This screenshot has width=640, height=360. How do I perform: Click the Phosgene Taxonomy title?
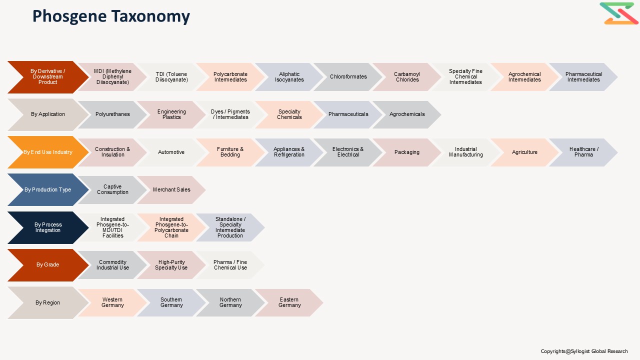tap(111, 16)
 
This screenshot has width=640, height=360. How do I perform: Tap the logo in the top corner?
tap(619, 13)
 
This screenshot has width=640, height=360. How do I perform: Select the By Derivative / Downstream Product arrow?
tap(48, 77)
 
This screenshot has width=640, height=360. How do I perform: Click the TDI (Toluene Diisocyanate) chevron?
tap(171, 77)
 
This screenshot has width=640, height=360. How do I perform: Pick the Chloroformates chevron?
tap(348, 77)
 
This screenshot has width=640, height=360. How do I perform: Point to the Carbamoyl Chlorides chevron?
tap(407, 77)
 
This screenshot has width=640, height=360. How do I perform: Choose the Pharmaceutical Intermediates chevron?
tap(583, 77)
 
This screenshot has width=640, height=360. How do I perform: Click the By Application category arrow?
tap(48, 114)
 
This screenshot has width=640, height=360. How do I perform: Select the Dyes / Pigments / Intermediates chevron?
tap(230, 114)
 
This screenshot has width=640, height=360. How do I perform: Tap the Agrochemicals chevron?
tap(407, 114)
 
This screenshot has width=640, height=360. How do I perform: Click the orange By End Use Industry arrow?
tap(48, 152)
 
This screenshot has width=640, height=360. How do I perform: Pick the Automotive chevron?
tap(171, 152)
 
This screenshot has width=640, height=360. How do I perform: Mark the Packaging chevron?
tap(407, 152)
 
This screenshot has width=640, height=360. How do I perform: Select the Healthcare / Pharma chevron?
tap(583, 152)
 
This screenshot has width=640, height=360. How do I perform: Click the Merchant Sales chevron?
tap(171, 189)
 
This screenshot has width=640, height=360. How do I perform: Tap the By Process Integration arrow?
tap(48, 227)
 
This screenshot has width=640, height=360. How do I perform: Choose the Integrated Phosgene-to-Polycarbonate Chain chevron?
tap(171, 227)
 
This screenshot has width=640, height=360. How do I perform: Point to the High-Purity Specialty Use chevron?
tap(171, 265)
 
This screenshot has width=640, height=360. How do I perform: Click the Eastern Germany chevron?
tap(289, 302)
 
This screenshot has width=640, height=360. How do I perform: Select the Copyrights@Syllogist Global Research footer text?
tap(584, 351)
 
